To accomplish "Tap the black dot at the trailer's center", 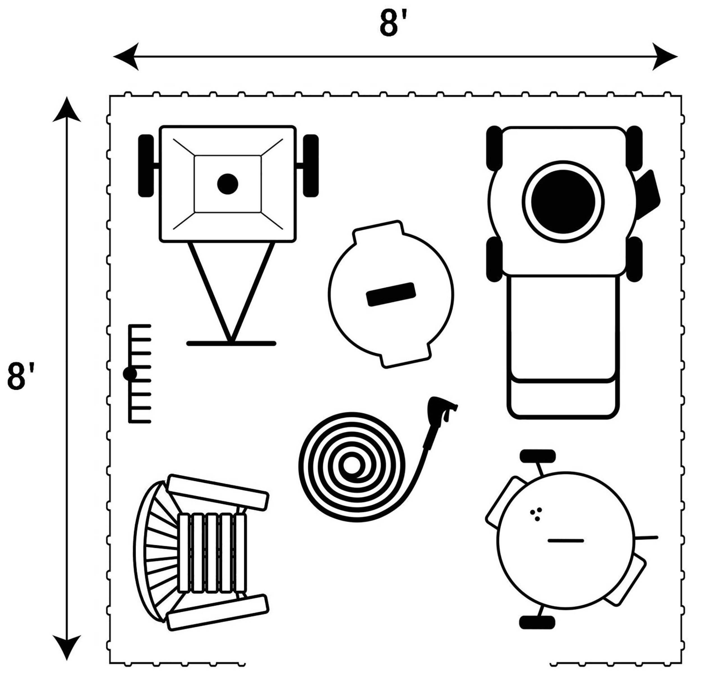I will tap(228, 184).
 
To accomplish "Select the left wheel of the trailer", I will tap(146, 166).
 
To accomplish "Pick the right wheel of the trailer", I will tap(311, 166).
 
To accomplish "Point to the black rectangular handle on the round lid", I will tap(391, 294).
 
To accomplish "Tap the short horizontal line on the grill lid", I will tap(566, 540).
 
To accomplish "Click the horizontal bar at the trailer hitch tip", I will tap(231, 344).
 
